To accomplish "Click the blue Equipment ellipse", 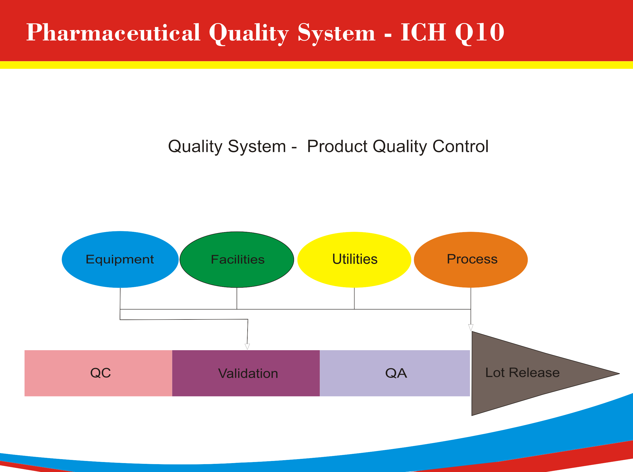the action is click(120, 259).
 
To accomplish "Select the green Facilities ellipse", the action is click(237, 259).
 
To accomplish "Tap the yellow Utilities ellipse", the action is click(354, 259).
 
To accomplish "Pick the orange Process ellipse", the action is click(471, 259).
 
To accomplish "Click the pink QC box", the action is click(98, 373).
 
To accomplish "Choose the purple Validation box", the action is click(246, 373).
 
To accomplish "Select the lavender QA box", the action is click(395, 373).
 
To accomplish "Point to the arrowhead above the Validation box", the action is click(247, 347).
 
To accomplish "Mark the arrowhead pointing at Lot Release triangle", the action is click(471, 328).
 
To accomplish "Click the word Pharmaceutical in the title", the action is click(113, 32).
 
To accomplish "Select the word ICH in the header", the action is click(423, 32).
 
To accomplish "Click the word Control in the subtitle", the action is click(461, 146).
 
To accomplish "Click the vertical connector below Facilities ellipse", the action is click(237, 298).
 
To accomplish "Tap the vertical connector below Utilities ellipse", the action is click(354, 298).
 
